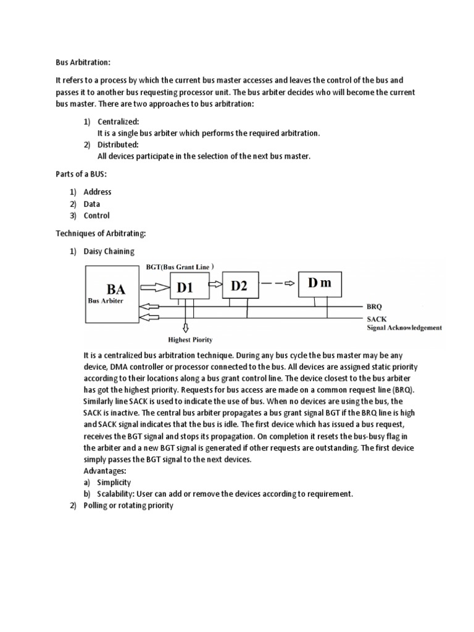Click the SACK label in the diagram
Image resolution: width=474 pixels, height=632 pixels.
click(x=376, y=318)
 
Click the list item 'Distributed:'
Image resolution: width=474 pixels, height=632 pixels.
click(x=118, y=144)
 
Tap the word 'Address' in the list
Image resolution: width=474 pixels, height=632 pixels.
click(x=98, y=192)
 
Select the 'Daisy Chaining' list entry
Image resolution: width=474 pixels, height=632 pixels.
click(x=109, y=251)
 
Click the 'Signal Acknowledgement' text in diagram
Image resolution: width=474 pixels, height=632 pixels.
click(x=404, y=328)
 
